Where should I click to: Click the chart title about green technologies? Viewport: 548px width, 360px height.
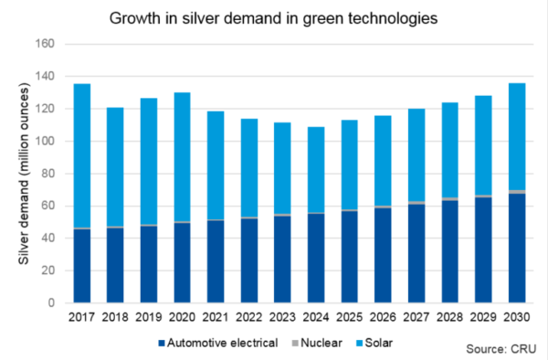[273, 17]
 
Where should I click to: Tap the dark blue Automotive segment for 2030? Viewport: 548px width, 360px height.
[515, 248]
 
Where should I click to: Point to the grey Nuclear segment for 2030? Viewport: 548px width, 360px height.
[515, 192]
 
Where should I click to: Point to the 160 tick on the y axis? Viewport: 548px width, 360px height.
[47, 44]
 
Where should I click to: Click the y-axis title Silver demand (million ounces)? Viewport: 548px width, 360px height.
[23, 174]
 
